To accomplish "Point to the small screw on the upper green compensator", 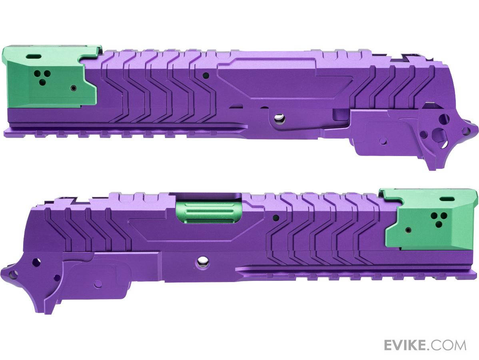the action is coord(73,88).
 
